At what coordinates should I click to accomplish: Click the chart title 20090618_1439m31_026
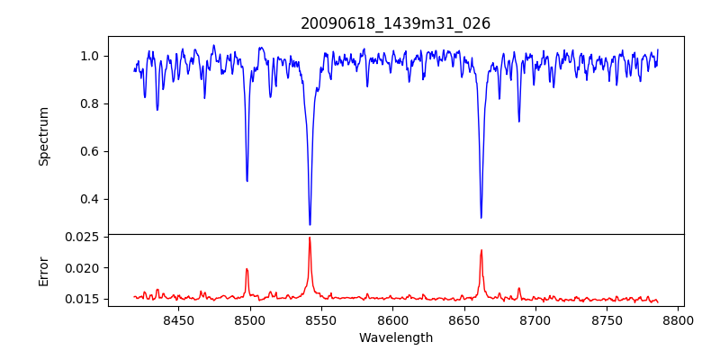coord(395,23)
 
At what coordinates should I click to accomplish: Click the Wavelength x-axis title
coord(395,337)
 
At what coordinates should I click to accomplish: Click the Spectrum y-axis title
coord(44,136)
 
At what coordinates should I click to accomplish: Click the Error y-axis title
coord(44,270)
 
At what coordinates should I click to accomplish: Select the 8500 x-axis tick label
coord(250,319)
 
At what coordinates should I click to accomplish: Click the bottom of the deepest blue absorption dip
coord(310,224)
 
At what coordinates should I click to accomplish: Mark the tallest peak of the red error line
coord(310,238)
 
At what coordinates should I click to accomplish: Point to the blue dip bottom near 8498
coord(247,181)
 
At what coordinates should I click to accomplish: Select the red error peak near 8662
coord(481,250)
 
